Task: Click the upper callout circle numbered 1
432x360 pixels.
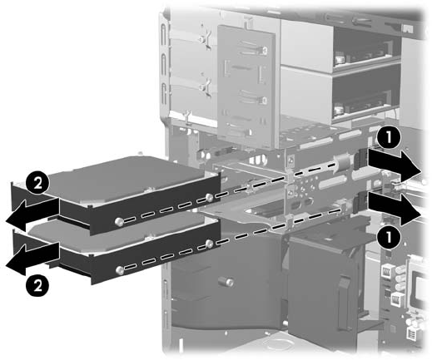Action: click(x=389, y=138)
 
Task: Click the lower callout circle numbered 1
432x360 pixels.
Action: click(x=389, y=237)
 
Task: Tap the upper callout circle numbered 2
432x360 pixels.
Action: click(x=37, y=184)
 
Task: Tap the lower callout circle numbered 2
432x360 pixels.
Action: click(x=37, y=284)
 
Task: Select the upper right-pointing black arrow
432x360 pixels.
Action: click(x=394, y=164)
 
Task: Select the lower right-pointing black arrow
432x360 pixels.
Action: click(x=394, y=209)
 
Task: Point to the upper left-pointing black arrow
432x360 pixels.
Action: click(x=32, y=215)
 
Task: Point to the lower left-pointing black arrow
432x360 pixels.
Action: click(x=32, y=259)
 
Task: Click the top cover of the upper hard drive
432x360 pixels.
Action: click(x=125, y=177)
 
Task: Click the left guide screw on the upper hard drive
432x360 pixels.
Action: click(x=119, y=221)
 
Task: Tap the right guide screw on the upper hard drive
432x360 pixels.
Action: click(x=209, y=198)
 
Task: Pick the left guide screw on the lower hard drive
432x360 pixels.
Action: click(x=119, y=270)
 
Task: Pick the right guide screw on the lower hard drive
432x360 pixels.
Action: click(x=209, y=244)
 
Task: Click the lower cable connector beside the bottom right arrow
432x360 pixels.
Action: click(x=362, y=202)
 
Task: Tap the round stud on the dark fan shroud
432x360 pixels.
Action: click(x=225, y=282)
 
